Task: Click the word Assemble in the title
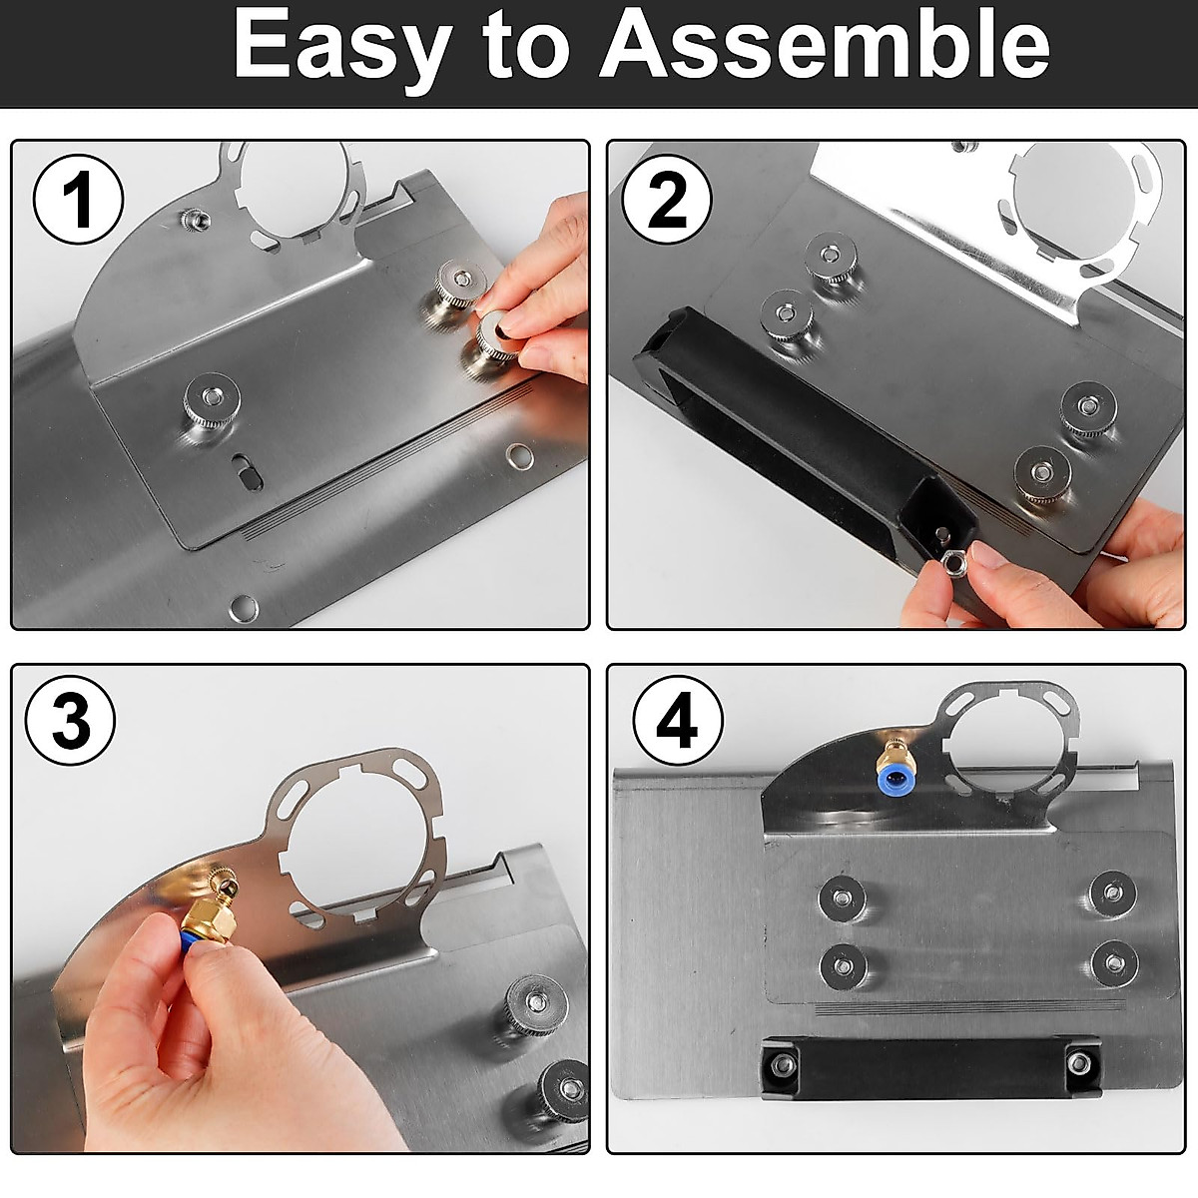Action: (825, 44)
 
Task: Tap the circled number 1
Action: (78, 200)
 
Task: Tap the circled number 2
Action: (667, 199)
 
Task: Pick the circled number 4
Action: (678, 721)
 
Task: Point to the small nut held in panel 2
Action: (951, 564)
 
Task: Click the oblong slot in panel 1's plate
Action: (247, 472)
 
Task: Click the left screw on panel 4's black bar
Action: (784, 1065)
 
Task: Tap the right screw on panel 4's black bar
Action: (1078, 1062)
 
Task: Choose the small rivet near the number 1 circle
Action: (194, 219)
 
